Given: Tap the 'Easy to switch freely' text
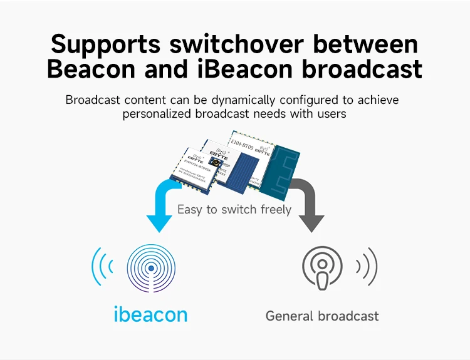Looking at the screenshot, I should (x=234, y=209).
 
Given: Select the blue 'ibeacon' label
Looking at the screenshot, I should (x=150, y=314).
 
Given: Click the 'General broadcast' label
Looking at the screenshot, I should (x=322, y=316).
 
